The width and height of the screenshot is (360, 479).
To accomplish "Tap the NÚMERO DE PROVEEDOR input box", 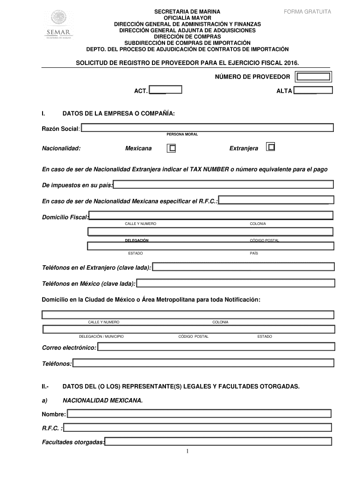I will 314,77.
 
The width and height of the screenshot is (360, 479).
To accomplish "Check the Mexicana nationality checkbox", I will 172,148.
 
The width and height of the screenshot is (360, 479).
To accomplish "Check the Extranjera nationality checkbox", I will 270,147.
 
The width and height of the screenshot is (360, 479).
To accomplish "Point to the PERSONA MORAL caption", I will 182,134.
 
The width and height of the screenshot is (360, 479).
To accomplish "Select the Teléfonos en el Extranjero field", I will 244,267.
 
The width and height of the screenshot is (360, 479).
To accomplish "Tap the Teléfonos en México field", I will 236,283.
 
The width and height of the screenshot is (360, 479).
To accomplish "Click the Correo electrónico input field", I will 216,347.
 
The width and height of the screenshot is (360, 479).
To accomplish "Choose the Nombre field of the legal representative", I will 199,413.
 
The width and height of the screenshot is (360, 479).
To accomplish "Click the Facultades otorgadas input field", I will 218,441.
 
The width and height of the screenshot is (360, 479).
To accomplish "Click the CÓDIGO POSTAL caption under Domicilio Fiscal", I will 264,240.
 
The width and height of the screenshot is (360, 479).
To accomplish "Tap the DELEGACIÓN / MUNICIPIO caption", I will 101,337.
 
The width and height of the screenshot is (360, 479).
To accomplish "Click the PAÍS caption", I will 254,253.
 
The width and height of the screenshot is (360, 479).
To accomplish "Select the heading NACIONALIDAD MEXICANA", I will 102,401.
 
